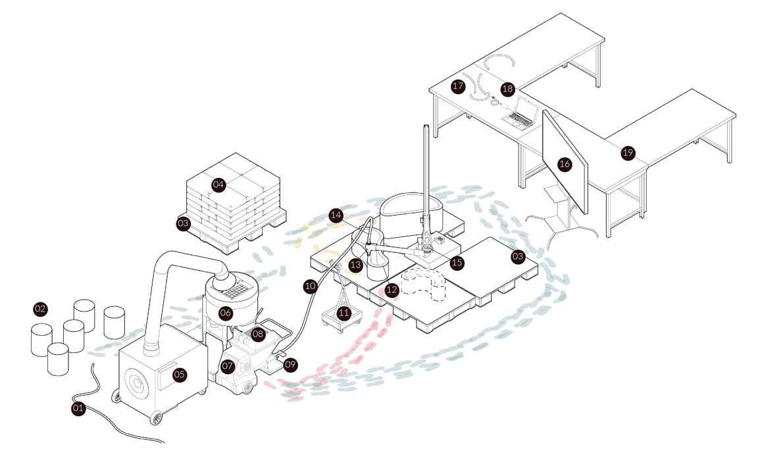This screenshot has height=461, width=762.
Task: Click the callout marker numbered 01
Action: tap(79, 408)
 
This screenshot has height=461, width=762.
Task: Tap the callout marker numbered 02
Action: tap(41, 308)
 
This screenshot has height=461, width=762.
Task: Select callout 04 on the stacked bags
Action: tap(218, 185)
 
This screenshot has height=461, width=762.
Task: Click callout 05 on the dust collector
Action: tap(179, 375)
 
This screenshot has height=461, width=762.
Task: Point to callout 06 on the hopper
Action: tap(226, 313)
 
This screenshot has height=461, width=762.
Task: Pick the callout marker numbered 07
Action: tap(228, 366)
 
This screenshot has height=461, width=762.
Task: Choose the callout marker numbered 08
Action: tap(257, 334)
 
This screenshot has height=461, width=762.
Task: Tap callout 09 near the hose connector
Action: tap(290, 363)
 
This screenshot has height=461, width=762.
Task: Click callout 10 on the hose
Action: tap(310, 286)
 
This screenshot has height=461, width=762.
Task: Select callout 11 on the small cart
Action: tap(343, 313)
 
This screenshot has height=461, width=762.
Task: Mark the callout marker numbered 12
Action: tap(392, 289)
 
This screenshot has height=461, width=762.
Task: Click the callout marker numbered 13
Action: tap(356, 265)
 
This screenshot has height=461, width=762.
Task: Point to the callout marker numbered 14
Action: tap(336, 215)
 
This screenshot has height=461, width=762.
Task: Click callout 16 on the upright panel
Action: tap(565, 164)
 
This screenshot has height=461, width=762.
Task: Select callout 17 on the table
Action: tap(458, 86)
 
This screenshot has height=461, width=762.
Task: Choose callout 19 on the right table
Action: tap(628, 153)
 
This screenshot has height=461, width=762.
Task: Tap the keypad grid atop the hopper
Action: tap(236, 287)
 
